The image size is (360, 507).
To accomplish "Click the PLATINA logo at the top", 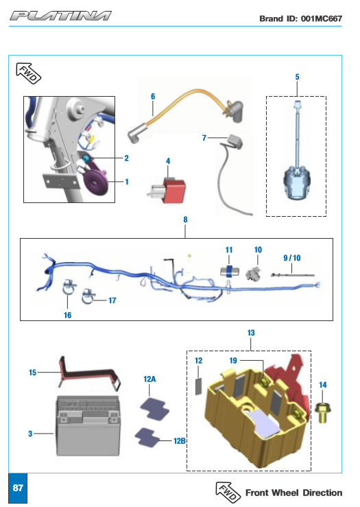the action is point(60,16).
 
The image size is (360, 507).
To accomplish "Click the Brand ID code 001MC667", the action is point(321,19).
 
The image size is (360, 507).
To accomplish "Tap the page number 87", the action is point(18,488).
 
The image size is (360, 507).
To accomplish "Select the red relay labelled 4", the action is point(167,191).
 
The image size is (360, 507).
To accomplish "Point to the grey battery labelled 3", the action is point(88,426).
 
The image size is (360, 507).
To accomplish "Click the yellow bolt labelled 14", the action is point(322,412).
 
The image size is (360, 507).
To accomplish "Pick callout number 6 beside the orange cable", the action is point(153,96).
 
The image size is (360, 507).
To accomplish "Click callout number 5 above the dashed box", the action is point(297,77).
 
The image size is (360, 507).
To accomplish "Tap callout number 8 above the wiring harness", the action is point(185,220).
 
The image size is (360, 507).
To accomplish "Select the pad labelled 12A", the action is point(155,409).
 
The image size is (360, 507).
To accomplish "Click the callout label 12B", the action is point(180,440).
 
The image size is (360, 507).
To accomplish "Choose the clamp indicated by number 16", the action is point(69,287).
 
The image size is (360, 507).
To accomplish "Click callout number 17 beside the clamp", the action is point(112,300).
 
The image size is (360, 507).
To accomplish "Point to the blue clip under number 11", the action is point(230,271).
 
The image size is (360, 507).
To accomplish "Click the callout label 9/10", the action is point(292,258).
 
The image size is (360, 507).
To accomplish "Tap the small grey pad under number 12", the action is point(198,386).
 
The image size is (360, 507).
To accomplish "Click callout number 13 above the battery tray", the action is point(251,333).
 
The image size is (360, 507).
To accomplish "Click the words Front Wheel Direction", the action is point(293,493).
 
